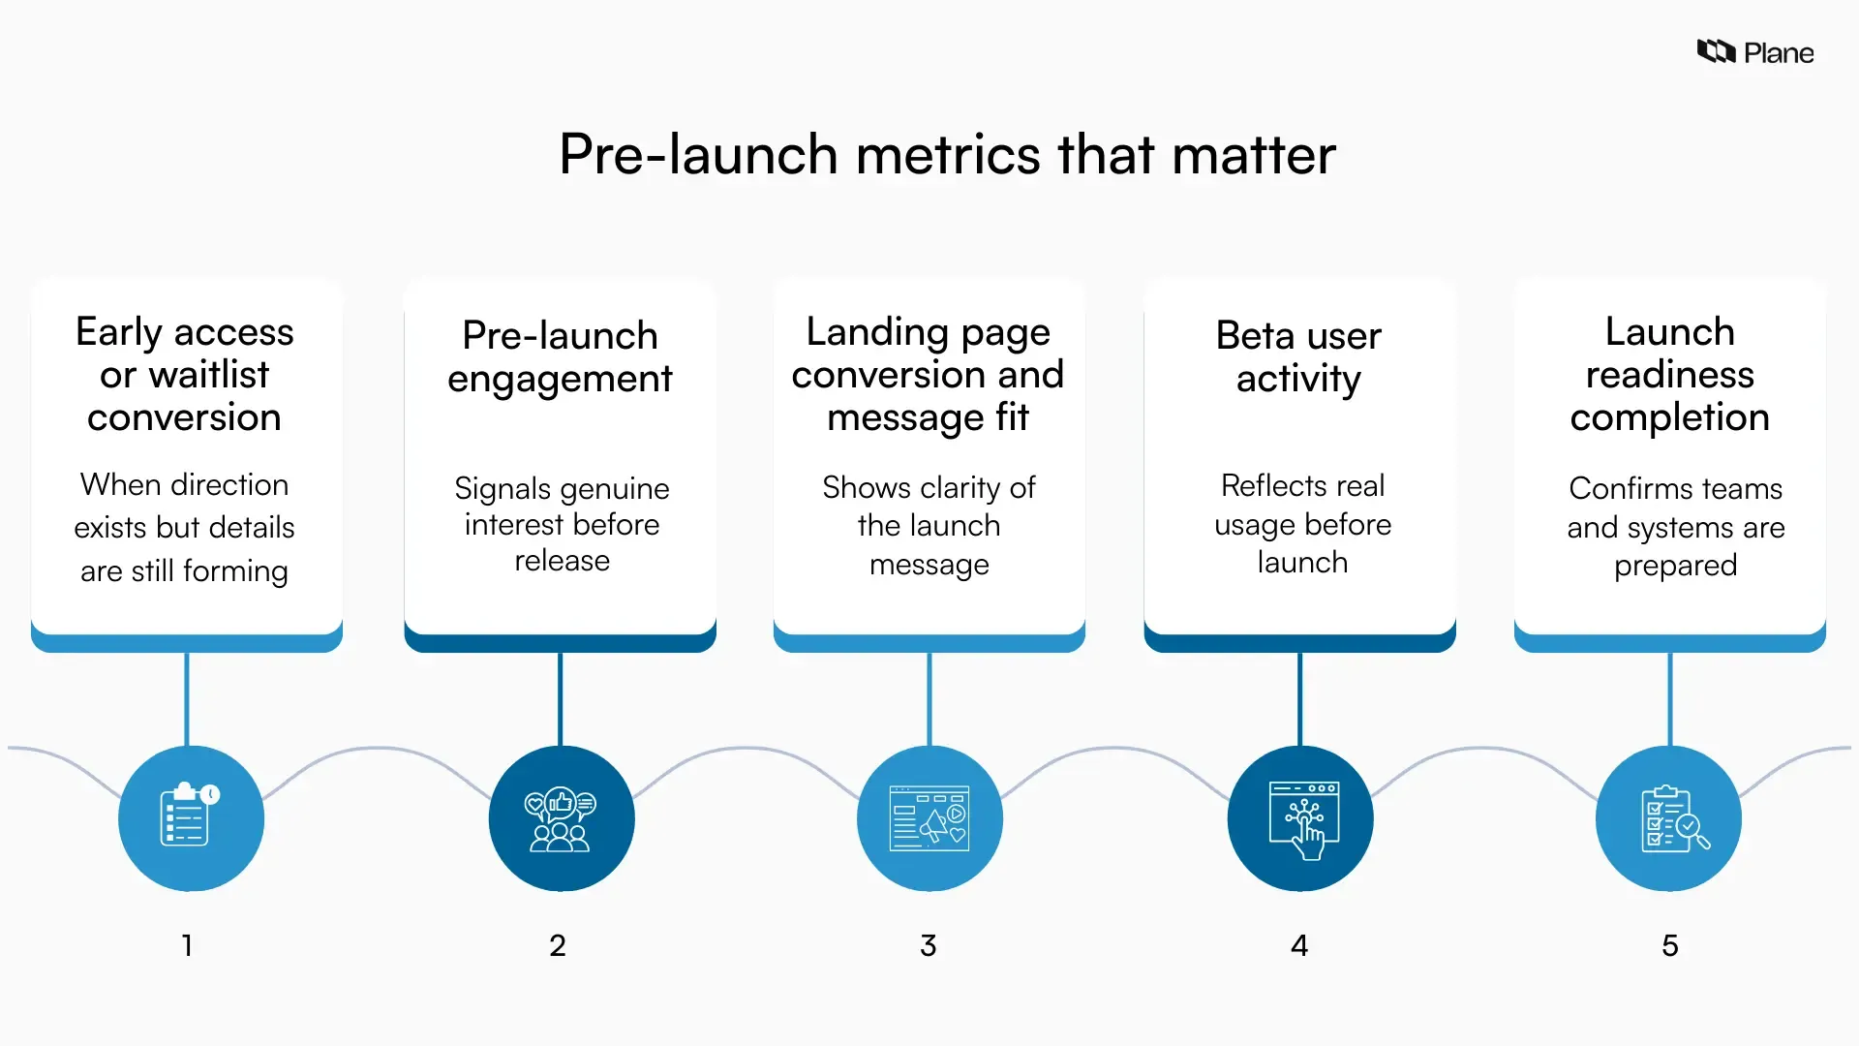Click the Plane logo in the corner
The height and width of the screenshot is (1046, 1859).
coord(1754,52)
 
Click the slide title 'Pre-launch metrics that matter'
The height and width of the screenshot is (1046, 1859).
coord(947,155)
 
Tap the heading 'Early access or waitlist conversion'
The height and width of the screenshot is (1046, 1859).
coord(185,375)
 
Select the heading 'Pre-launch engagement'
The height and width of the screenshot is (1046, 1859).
coord(560,356)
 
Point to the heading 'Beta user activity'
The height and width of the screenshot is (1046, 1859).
coord(1298,356)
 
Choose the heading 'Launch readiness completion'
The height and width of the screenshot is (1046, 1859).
coord(1669,375)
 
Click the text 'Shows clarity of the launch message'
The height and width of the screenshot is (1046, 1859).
coord(929,525)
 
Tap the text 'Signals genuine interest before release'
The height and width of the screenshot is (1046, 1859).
coord(562,524)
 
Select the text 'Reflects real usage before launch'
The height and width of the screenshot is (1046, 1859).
coord(1302,524)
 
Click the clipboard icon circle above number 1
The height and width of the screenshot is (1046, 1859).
coord(191,818)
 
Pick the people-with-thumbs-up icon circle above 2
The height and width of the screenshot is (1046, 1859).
coord(562,818)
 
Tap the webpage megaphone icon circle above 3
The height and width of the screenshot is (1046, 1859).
coord(929,818)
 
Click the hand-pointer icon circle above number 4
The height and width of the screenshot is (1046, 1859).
coord(1300,818)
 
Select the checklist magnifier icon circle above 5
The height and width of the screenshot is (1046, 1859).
coord(1668,818)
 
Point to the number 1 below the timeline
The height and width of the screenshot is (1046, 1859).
coord(187,945)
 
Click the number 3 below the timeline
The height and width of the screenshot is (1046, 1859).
coord(929,945)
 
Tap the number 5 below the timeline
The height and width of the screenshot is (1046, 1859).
coord(1670,945)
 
